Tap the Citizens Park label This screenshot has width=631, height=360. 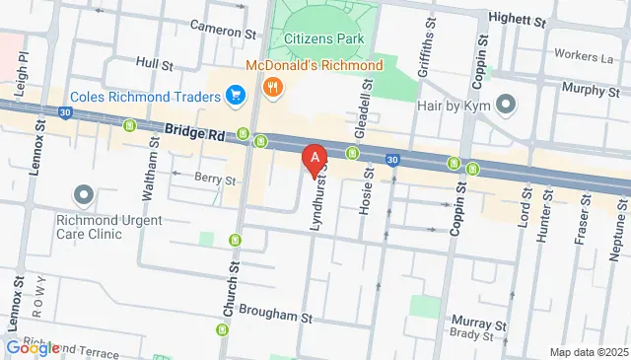coord(322,38)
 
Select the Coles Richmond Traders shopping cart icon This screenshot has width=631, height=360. coord(235,95)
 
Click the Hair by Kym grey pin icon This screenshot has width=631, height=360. coord(506,103)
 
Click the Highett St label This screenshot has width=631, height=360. coord(518,19)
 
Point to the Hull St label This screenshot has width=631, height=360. coord(155,62)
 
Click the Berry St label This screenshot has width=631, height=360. coord(215,180)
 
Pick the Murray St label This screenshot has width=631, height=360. coord(478,322)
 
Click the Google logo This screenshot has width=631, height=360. coord(33,347)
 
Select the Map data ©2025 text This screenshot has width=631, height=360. coord(588,352)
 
